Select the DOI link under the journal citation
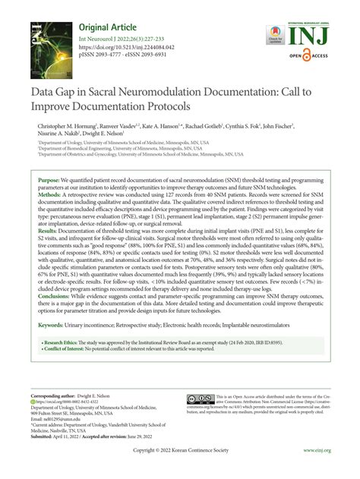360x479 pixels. click(x=123, y=55)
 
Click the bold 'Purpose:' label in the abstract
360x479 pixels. click(x=49, y=179)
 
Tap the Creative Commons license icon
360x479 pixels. click(x=201, y=399)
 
